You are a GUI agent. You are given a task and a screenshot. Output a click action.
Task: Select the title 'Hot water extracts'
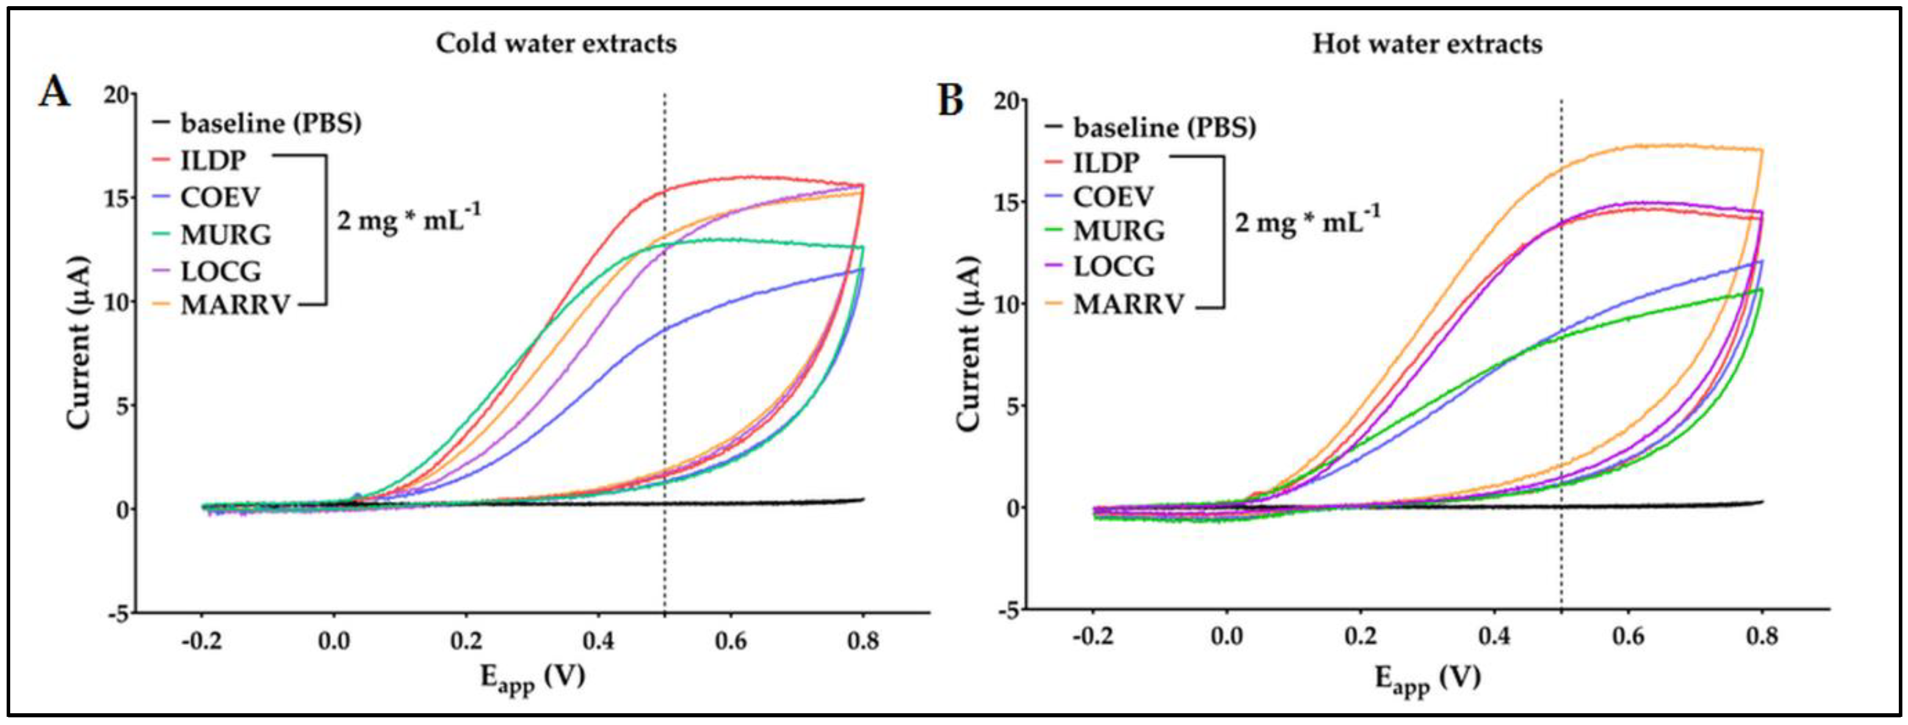click(x=1427, y=44)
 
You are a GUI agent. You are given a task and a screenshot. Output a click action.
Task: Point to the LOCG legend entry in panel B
click(x=1114, y=265)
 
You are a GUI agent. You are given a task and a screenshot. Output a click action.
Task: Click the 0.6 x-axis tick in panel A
click(x=730, y=641)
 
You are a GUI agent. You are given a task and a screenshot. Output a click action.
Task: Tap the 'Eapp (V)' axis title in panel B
click(x=1427, y=678)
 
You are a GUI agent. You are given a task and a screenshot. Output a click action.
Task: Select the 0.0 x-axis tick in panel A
click(x=334, y=641)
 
